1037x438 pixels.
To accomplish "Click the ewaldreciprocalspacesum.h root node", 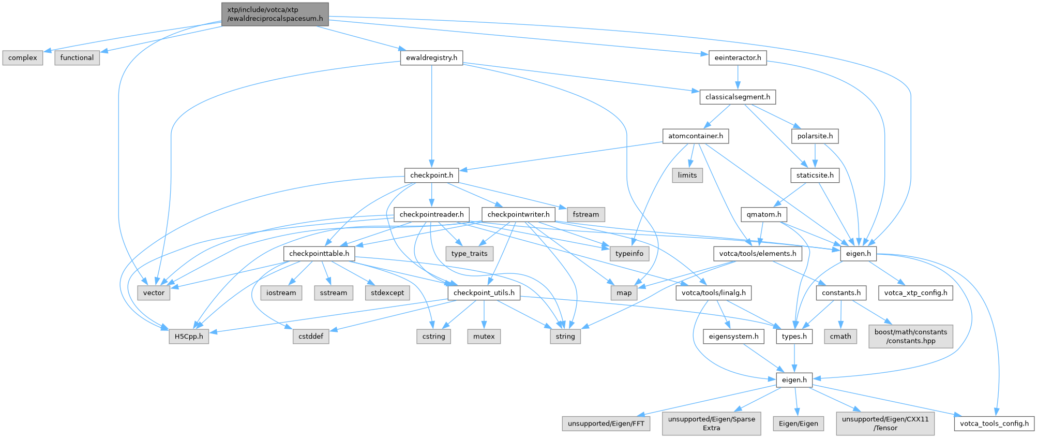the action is tap(275, 14).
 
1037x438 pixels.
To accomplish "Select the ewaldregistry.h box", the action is tap(431, 57).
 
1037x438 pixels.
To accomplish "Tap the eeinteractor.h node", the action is tap(738, 57).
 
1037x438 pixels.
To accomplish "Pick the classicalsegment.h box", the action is tap(738, 97).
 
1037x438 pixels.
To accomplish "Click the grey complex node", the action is tap(23, 57).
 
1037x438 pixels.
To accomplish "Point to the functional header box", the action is tap(77, 57).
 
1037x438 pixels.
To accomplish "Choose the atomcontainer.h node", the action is tap(696, 136).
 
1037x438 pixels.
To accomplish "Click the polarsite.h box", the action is tap(815, 136).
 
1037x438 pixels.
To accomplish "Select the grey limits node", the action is tap(687, 175).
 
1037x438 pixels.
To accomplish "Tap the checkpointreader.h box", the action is tap(432, 214).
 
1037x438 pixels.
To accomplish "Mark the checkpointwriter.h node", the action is tap(518, 214).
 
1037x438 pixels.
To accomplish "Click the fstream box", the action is tap(586, 214).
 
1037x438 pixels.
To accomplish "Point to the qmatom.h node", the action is tap(764, 214).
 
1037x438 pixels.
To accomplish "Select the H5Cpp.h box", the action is tap(189, 337).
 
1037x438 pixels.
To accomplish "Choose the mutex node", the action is tap(484, 337).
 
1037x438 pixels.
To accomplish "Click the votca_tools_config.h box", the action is tap(994, 424).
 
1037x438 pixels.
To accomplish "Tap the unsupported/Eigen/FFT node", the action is tap(606, 424).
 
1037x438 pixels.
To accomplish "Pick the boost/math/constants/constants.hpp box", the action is tap(911, 337).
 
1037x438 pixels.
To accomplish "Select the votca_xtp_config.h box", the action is tap(915, 293).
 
